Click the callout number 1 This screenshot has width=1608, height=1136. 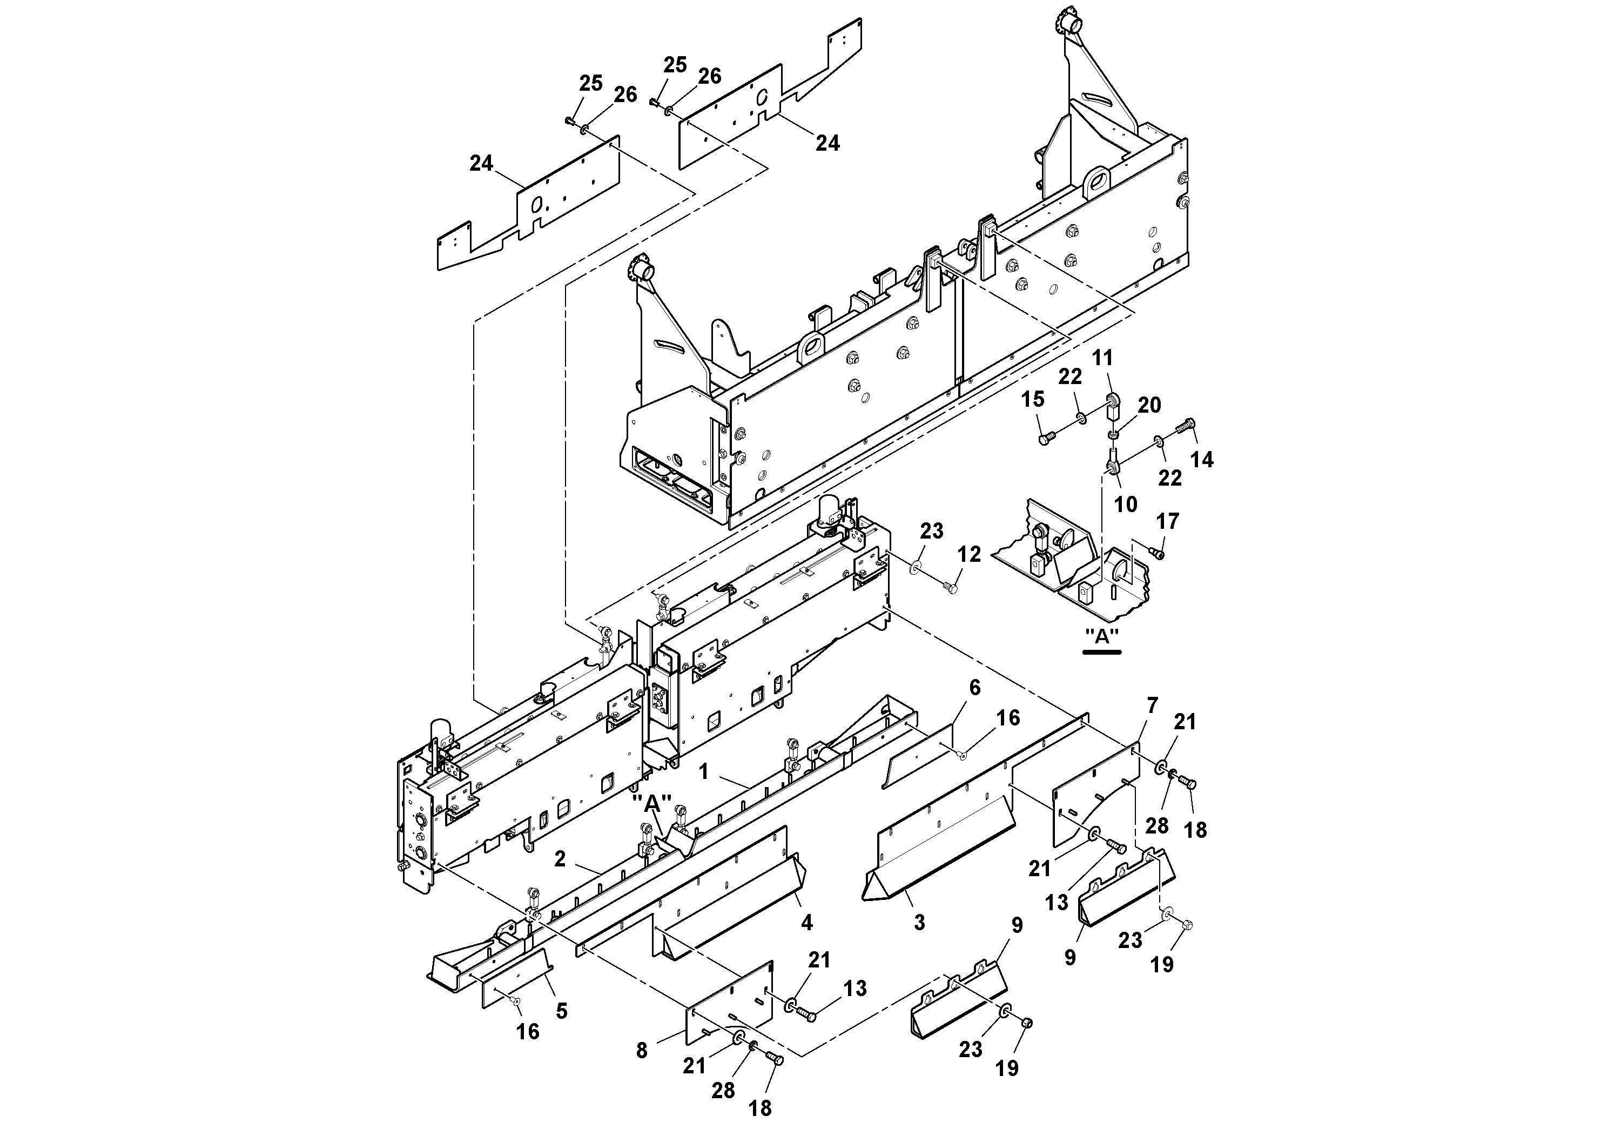click(704, 772)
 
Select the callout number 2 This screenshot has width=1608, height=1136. click(560, 859)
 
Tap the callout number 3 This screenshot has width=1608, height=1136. click(919, 923)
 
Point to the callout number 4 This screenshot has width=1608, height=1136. click(807, 923)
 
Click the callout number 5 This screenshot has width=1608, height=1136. click(561, 1011)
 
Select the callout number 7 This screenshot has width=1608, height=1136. click(1153, 705)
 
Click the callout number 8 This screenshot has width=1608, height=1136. click(642, 1051)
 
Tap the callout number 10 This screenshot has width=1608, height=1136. click(1126, 505)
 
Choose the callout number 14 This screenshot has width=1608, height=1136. click(1202, 460)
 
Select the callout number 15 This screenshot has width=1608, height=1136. click(1032, 399)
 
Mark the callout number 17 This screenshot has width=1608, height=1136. click(1167, 521)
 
